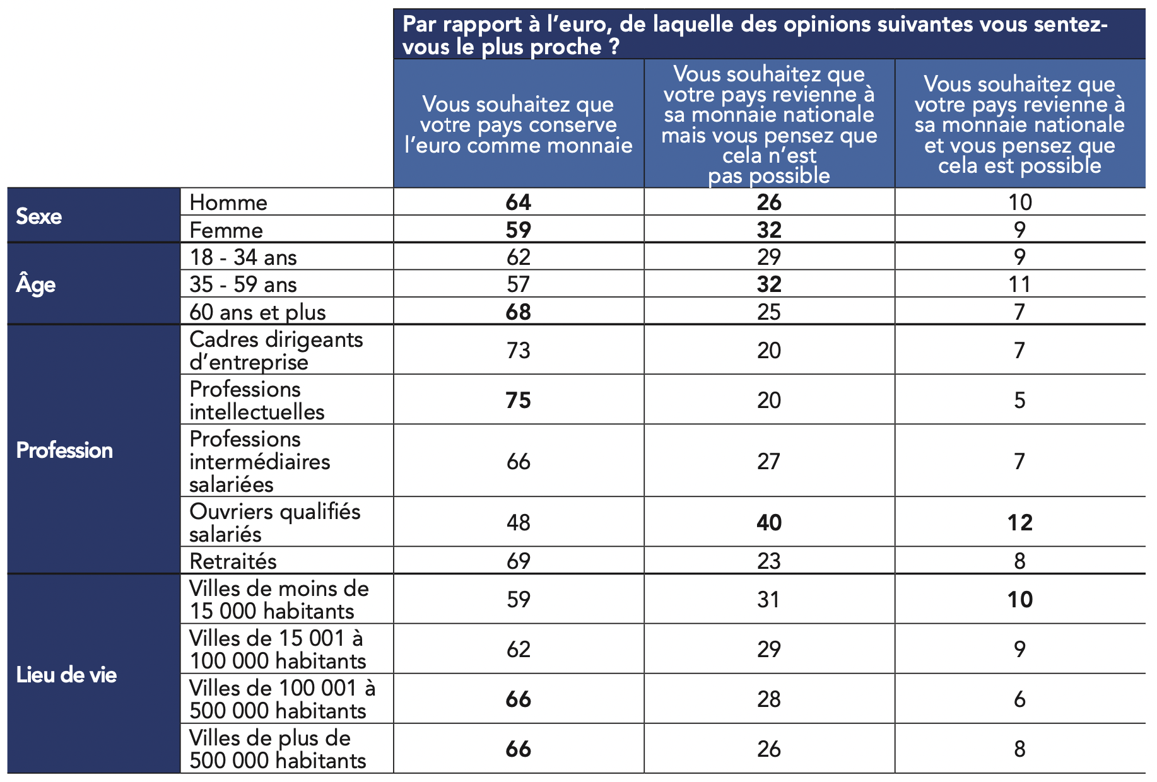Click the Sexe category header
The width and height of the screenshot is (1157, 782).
[39, 216]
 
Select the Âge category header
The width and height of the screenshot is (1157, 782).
[36, 284]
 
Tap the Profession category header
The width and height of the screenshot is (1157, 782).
[64, 450]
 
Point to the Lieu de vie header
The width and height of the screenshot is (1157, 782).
[66, 675]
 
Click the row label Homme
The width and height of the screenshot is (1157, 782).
[228, 202]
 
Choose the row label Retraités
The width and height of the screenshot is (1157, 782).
[233, 561]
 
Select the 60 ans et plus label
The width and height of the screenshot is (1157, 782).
[257, 312]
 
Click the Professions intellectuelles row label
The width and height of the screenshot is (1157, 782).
[257, 400]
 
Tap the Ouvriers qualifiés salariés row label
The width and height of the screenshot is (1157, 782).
[274, 522]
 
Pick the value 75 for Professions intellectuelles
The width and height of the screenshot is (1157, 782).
[518, 400]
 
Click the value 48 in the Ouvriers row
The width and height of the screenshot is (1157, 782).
[518, 523]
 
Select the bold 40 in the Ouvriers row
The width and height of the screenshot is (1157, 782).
[769, 523]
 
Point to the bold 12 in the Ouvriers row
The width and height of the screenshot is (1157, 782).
[1019, 523]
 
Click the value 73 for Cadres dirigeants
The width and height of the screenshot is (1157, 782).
[518, 351]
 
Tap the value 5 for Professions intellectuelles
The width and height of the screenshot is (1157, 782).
[1019, 400]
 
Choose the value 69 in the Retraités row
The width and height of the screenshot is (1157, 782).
[518, 561]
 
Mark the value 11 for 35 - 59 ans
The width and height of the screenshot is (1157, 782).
[1019, 284]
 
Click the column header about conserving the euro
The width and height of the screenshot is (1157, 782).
[518, 125]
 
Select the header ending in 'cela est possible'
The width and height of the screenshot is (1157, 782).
[1019, 125]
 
